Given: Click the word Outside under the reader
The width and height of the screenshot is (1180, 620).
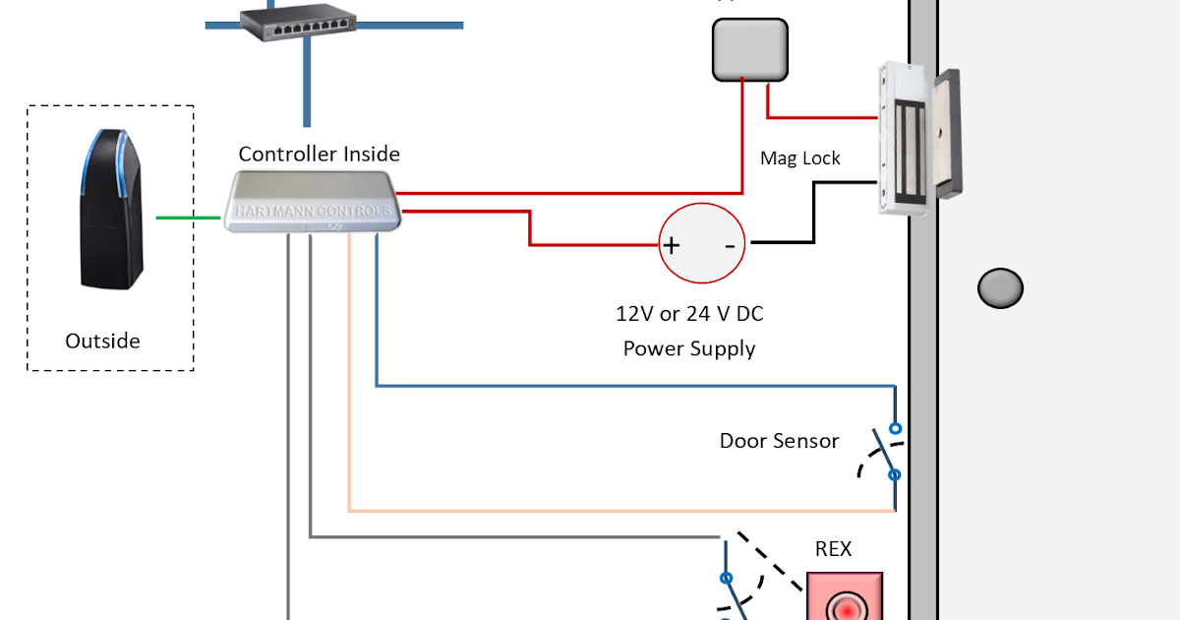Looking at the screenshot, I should pyautogui.click(x=102, y=341).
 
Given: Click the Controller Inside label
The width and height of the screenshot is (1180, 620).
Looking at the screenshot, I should pyautogui.click(x=320, y=155).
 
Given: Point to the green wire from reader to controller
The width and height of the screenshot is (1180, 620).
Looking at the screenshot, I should pyautogui.click(x=188, y=217).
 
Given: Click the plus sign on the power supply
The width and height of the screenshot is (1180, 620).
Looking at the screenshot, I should pyautogui.click(x=671, y=245).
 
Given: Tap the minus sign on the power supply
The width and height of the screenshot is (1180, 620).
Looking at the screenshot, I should pyautogui.click(x=730, y=245).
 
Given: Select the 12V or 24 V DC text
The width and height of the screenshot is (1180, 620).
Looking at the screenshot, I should pyautogui.click(x=689, y=314).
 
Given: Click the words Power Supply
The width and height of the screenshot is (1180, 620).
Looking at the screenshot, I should pyautogui.click(x=689, y=348).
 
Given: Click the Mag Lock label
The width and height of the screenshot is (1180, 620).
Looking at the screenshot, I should pyautogui.click(x=800, y=158).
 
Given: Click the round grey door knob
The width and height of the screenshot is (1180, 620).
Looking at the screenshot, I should pyautogui.click(x=1000, y=288).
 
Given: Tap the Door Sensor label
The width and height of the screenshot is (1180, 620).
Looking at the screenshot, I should pyautogui.click(x=779, y=441).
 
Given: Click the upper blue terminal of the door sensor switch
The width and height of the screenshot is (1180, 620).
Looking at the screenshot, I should pyautogui.click(x=895, y=428).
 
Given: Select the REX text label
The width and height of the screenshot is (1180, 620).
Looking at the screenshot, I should pyautogui.click(x=833, y=549).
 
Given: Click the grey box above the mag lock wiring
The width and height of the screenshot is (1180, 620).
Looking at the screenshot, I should pyautogui.click(x=749, y=48).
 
